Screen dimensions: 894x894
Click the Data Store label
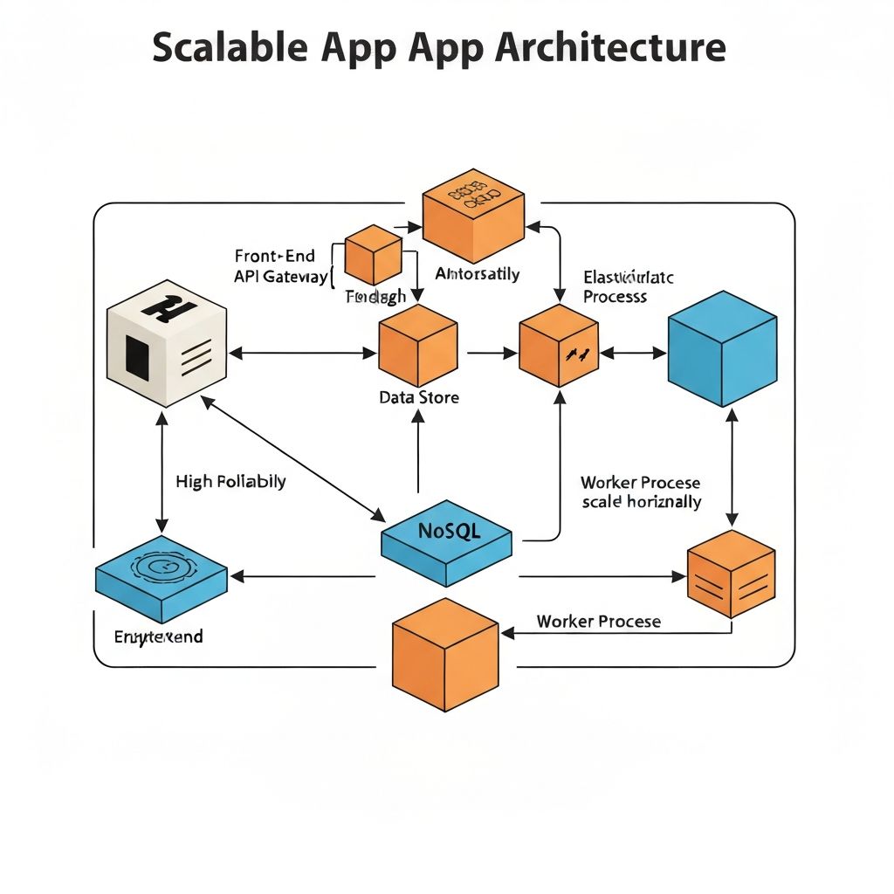[x=419, y=397]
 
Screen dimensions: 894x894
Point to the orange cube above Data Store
[x=418, y=346]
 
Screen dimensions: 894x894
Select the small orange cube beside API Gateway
[x=373, y=254]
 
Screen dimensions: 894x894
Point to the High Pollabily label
[x=230, y=481]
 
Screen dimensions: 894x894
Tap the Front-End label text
[x=274, y=256]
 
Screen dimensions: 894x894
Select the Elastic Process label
[x=628, y=286]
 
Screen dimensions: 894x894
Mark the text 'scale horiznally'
[x=641, y=502]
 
